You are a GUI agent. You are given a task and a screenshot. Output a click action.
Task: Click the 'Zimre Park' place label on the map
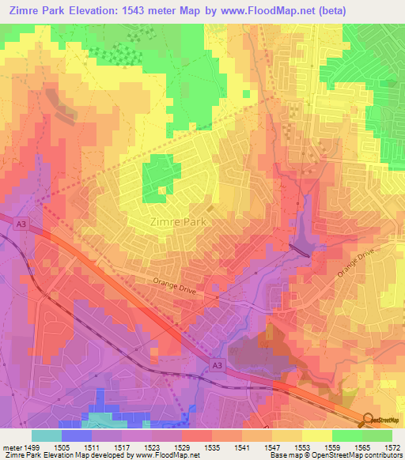click(x=178, y=222)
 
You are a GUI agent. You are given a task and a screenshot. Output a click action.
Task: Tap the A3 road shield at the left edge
click(x=21, y=225)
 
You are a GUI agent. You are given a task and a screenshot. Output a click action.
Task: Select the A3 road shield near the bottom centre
click(x=217, y=364)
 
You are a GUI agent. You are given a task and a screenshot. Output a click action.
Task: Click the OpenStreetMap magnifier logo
click(x=368, y=420)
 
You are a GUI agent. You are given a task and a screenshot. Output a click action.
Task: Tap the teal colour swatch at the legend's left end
click(x=46, y=435)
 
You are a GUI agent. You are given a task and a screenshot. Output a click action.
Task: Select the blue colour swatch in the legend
click(x=76, y=435)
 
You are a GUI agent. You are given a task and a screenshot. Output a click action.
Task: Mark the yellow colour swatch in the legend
click(x=316, y=435)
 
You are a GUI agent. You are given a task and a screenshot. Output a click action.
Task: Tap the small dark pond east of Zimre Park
click(x=299, y=248)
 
